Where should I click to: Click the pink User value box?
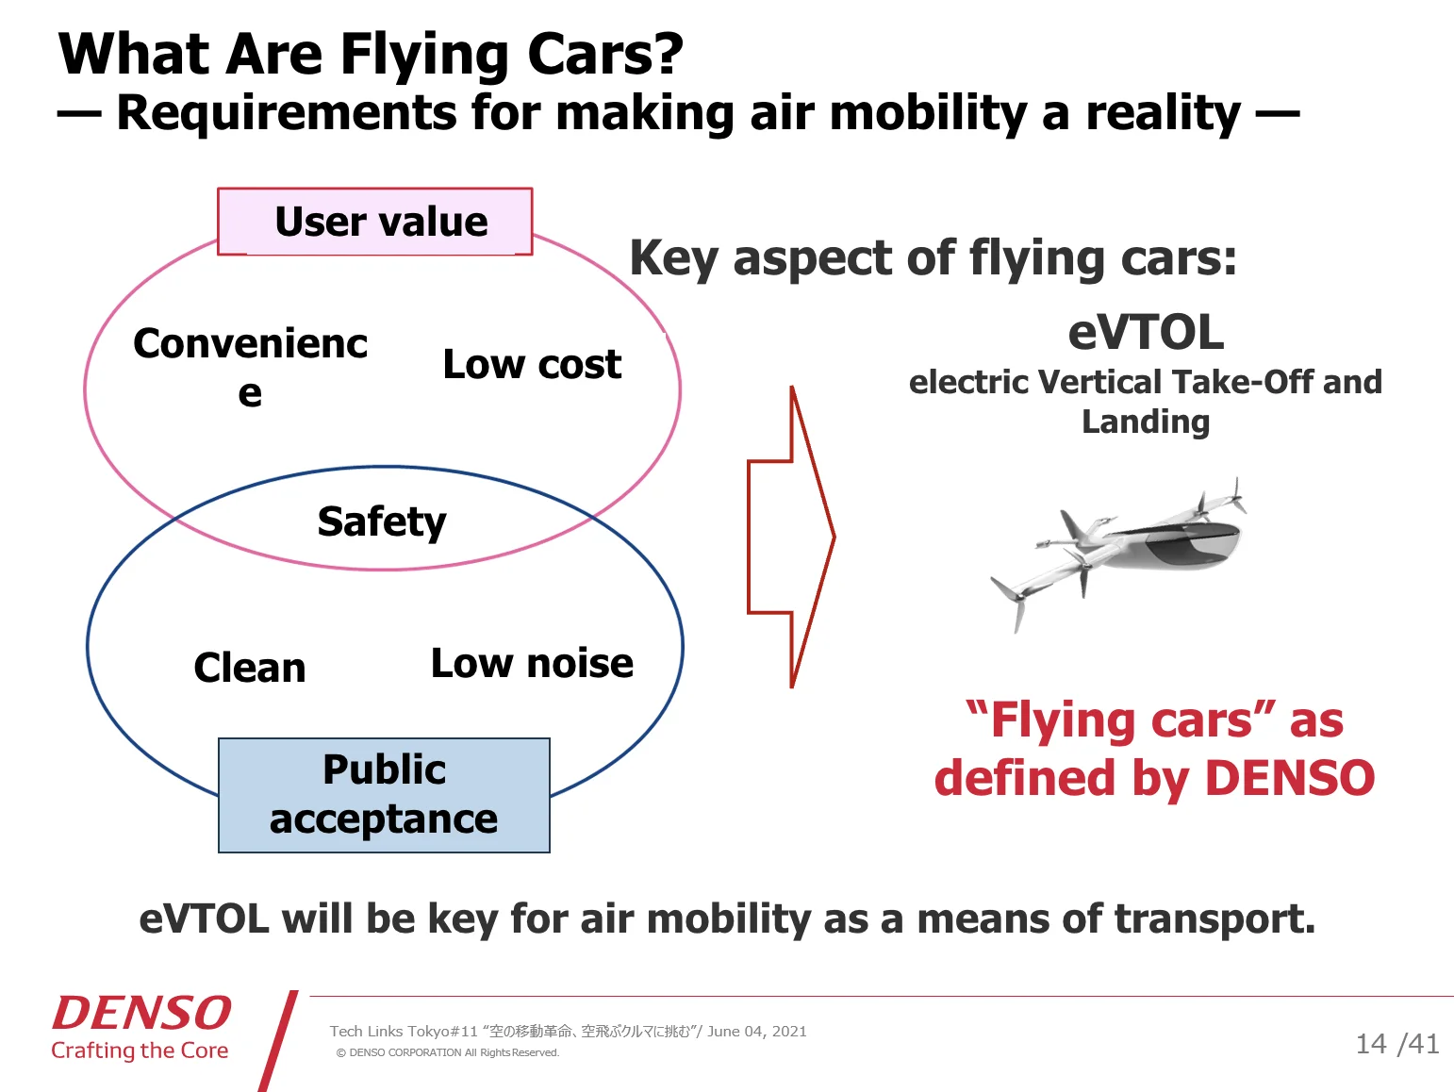click(375, 222)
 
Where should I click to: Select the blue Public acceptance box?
click(384, 795)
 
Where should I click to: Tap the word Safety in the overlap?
click(382, 521)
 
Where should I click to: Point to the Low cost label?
click(532, 364)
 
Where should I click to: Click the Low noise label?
click(532, 663)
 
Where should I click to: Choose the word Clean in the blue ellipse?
click(250, 667)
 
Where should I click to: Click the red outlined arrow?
click(791, 537)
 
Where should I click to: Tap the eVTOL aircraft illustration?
click(1118, 553)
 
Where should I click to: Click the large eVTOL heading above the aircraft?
click(1146, 333)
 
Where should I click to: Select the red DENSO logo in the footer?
click(141, 1013)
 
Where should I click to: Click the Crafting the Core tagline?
click(140, 1051)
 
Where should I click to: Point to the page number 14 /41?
click(1397, 1044)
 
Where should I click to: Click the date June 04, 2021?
click(757, 1031)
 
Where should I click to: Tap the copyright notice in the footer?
click(448, 1052)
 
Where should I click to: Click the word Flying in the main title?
click(424, 55)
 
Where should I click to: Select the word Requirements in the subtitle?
click(287, 113)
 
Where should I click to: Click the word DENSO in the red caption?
click(1290, 777)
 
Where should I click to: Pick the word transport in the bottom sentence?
click(1214, 919)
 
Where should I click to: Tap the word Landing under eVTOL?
click(1146, 422)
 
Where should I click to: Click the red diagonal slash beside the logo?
click(278, 1041)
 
